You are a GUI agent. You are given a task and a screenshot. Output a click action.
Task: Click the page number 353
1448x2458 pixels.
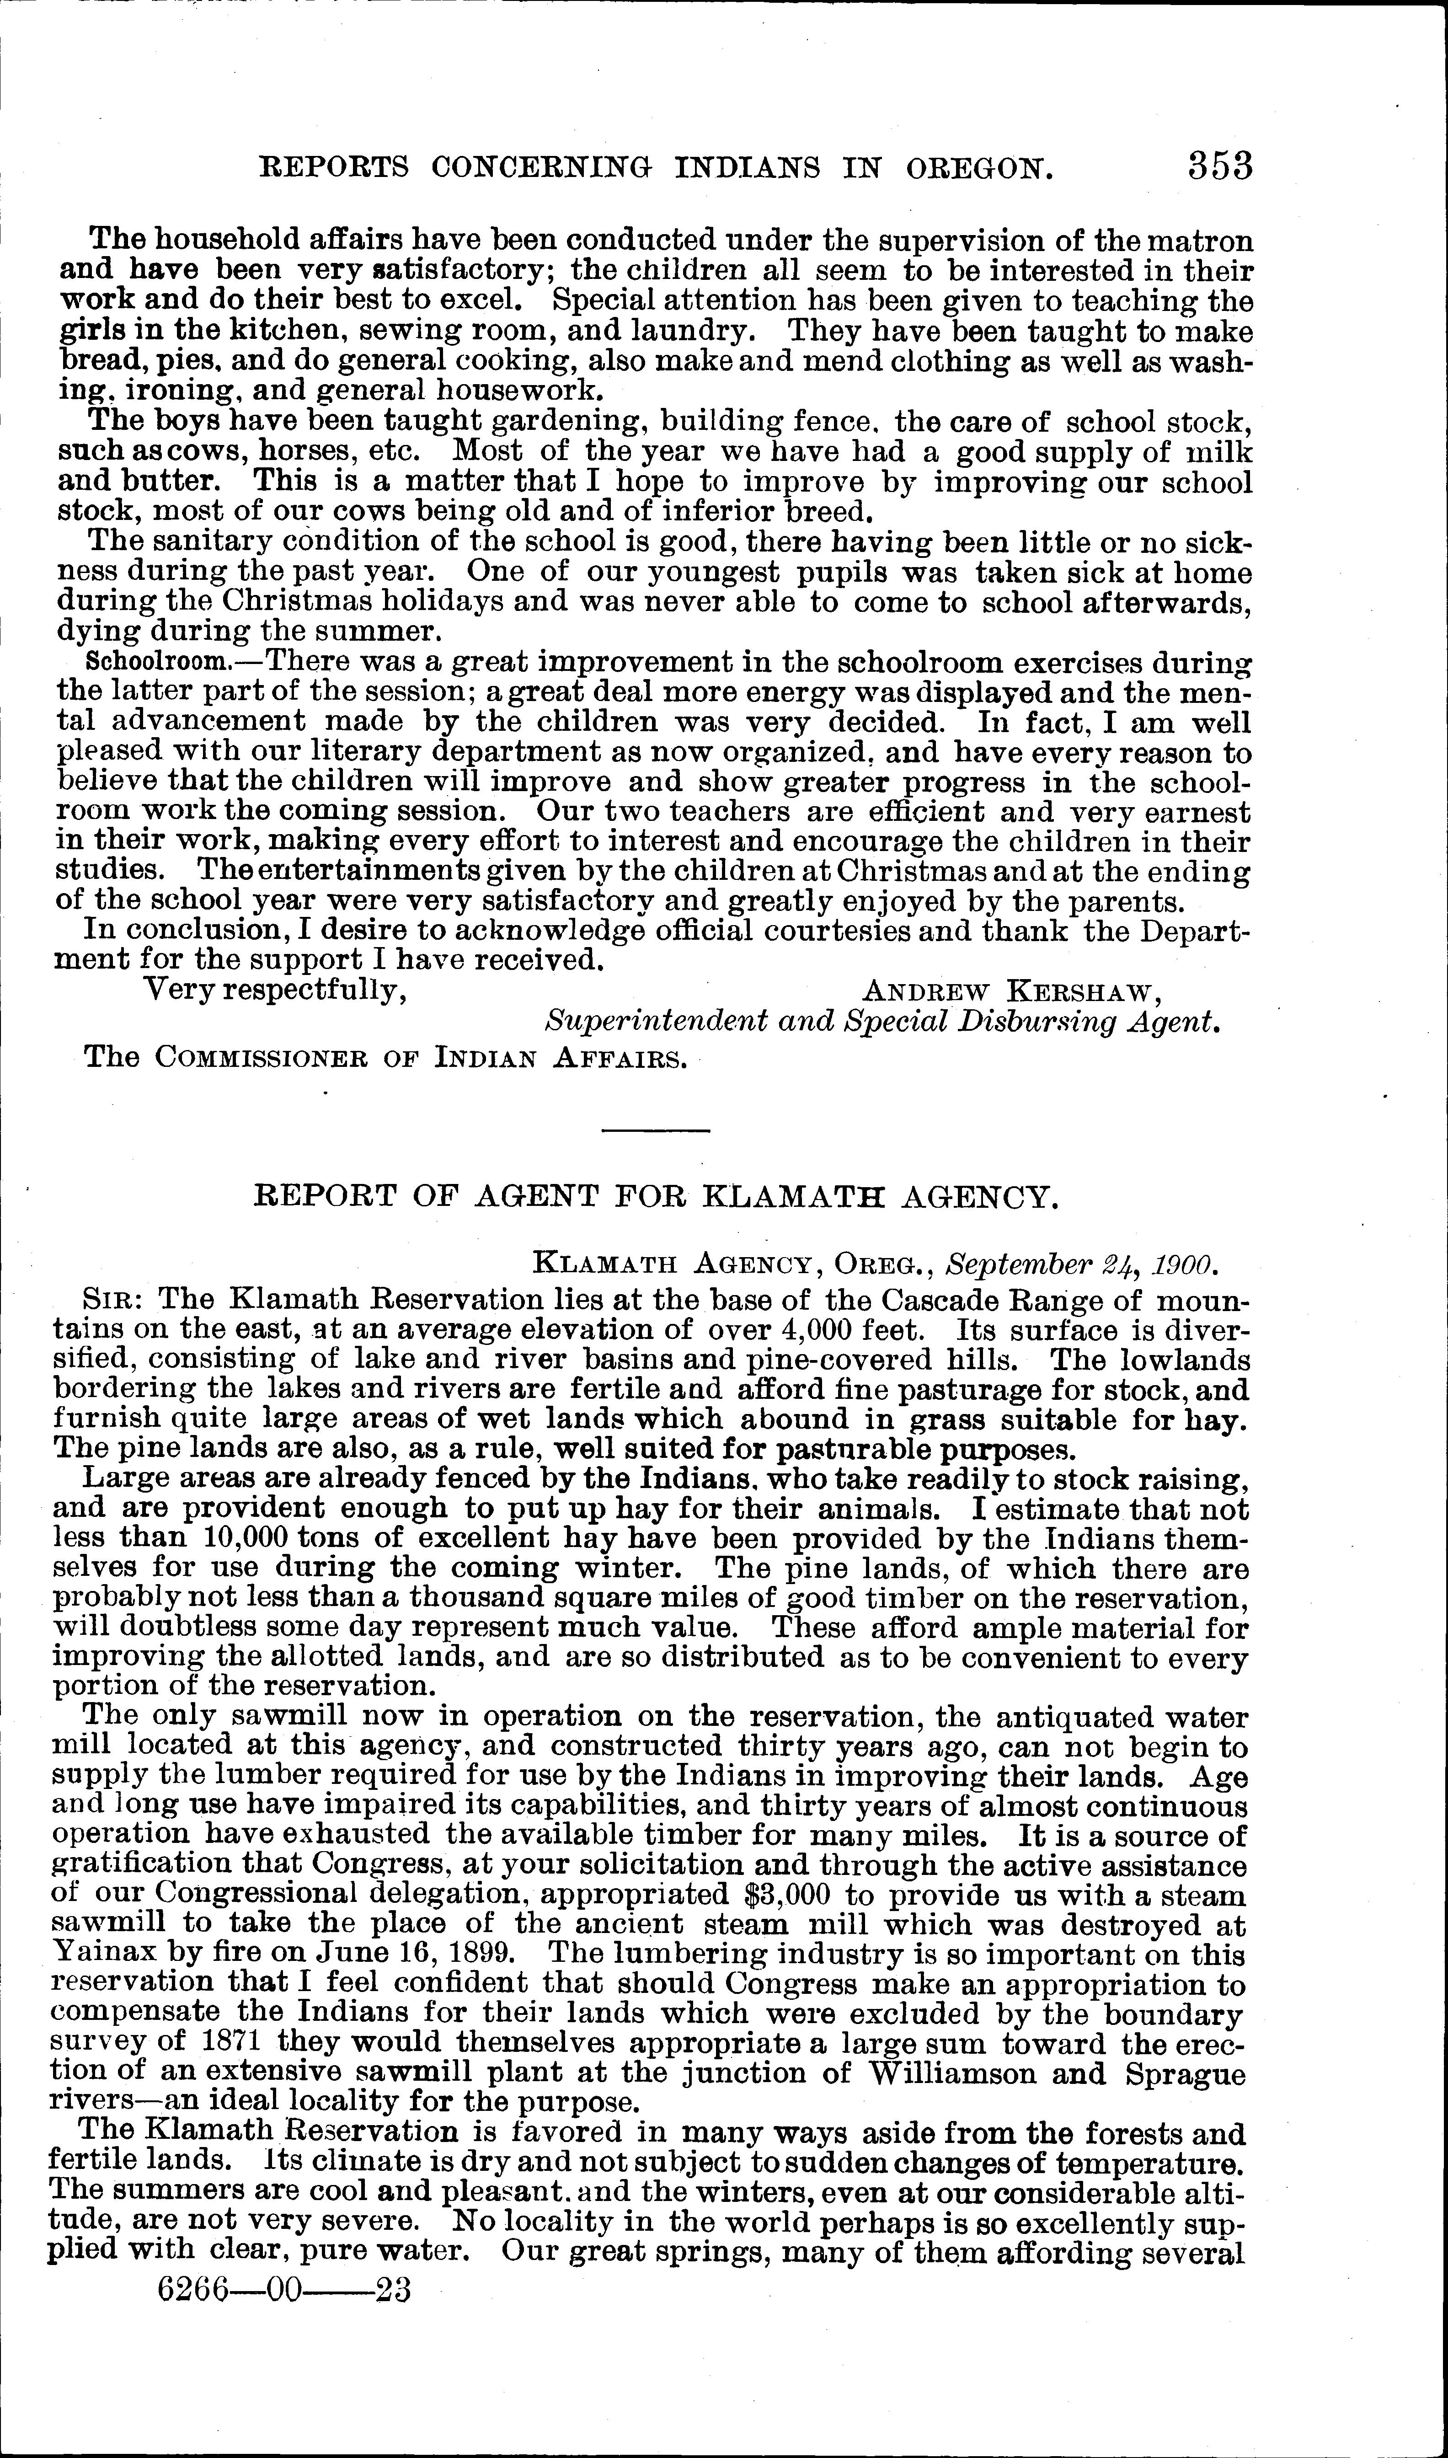click(x=1220, y=166)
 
